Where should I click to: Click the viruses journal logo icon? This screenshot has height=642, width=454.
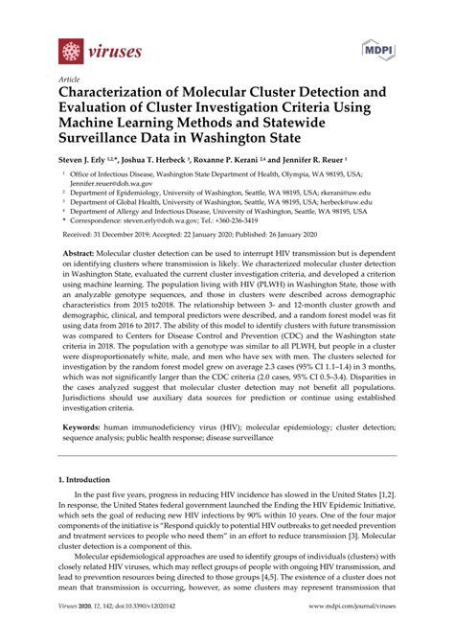pyautogui.click(x=71, y=51)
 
